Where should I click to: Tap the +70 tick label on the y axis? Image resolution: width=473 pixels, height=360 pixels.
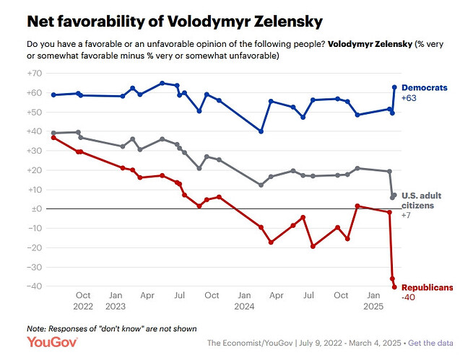pos(35,74)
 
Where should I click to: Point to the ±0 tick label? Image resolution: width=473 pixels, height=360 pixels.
pos(35,209)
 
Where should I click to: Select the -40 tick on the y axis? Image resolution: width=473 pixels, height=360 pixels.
pos(35,286)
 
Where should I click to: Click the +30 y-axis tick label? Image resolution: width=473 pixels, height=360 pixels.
pos(35,151)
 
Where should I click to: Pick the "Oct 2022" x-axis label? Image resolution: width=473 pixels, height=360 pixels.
pos(82,300)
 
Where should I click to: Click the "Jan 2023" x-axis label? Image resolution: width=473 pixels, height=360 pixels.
pos(115,300)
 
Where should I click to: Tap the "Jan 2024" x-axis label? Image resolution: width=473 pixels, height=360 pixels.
pos(244,300)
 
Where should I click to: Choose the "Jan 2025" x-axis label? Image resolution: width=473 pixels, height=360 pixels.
pos(373,300)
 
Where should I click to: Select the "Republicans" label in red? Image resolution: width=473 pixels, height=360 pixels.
pos(426,287)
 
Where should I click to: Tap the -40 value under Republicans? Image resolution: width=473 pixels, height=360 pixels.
pos(409,297)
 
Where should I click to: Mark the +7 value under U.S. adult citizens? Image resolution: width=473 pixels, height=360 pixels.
pos(407,215)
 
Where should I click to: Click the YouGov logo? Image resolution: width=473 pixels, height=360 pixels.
pos(48,342)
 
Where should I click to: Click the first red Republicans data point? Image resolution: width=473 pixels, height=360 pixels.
pos(53,137)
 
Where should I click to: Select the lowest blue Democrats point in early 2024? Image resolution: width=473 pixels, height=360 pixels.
pos(261,131)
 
